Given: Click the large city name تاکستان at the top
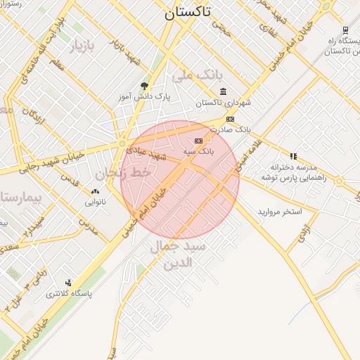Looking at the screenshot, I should click(191, 13).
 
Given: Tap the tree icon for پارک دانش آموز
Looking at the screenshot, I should click(145, 84).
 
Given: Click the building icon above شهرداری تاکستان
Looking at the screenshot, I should click(223, 91).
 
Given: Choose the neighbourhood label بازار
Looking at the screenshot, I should click(80, 47).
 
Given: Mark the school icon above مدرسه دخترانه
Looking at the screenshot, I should click(293, 155).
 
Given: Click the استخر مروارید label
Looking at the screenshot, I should click(279, 211).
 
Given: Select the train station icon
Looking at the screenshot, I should click(345, 30).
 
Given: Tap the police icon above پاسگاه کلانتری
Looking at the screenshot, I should click(67, 282).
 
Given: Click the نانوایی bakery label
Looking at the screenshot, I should click(96, 202).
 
